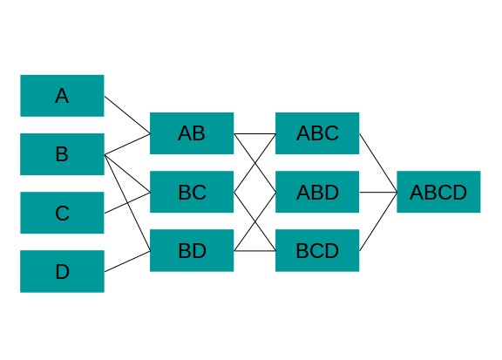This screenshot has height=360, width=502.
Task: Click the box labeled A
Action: [x=62, y=96]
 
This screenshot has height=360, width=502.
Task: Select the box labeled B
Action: [x=62, y=154]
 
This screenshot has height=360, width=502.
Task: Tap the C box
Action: [x=62, y=213]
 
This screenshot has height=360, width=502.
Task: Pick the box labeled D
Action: [x=62, y=271]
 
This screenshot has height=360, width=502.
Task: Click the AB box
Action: [x=192, y=133]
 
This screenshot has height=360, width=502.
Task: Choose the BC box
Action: [x=192, y=192]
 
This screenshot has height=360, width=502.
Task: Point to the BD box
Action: [x=192, y=250]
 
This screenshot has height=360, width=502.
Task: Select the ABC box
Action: [x=317, y=133]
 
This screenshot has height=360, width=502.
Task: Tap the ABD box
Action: [x=317, y=192]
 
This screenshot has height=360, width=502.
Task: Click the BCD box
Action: [x=317, y=250]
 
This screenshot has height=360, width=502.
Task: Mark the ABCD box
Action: [x=438, y=192]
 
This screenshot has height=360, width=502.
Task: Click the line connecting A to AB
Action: [x=127, y=115]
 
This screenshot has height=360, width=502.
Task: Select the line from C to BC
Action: [x=127, y=203]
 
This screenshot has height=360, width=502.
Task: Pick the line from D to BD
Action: [x=127, y=262]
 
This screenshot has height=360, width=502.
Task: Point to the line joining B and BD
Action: [x=127, y=203]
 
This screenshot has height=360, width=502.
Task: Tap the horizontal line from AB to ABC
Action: [x=254, y=133]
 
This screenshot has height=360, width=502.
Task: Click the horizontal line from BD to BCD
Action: [x=254, y=251]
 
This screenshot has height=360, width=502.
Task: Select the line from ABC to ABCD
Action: [x=378, y=163]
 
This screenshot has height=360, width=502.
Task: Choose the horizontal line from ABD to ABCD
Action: [x=378, y=193]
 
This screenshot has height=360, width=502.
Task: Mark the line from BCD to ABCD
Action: [x=378, y=221]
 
